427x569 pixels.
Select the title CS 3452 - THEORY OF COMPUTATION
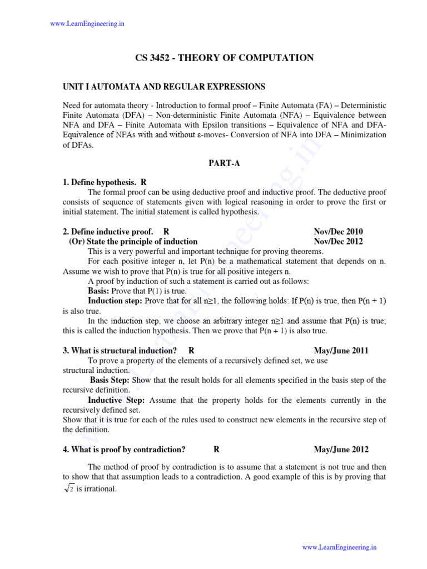click(225, 58)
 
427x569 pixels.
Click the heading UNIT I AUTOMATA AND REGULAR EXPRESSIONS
click(163, 87)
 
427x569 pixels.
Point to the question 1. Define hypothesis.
click(100, 182)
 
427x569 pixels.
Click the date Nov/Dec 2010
click(338, 231)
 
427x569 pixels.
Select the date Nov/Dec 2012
click(338, 241)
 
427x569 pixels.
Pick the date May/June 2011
click(341, 351)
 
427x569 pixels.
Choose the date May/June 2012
click(341, 450)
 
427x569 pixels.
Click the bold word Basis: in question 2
click(99, 291)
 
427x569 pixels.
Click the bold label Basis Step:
click(110, 380)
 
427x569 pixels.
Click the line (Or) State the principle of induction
click(133, 241)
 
